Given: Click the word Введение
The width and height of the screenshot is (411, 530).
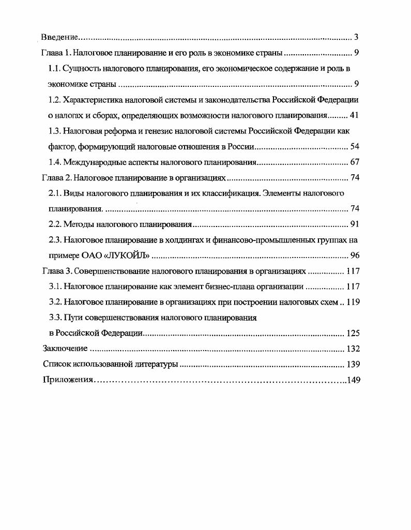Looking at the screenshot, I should [x=59, y=37].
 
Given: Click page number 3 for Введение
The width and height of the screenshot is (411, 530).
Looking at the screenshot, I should [x=356, y=37].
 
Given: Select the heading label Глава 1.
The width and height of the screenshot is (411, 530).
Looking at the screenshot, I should [x=54, y=53].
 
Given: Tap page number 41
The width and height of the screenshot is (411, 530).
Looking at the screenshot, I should [x=354, y=115].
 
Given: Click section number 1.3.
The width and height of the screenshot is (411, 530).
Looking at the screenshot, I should [x=55, y=131].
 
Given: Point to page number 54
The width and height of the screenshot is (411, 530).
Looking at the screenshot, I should [x=354, y=146].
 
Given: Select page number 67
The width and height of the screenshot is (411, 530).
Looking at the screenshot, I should [x=354, y=162].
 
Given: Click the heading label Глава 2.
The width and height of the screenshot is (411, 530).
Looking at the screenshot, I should [x=54, y=178].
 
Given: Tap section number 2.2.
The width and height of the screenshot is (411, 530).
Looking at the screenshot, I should [x=55, y=224].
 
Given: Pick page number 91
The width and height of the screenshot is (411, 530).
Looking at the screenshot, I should [x=354, y=224].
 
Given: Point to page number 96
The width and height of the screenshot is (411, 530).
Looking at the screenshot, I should [x=354, y=256].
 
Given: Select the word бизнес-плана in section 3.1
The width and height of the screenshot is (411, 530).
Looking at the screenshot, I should [x=233, y=287].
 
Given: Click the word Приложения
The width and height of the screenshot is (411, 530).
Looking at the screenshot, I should [x=67, y=380].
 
